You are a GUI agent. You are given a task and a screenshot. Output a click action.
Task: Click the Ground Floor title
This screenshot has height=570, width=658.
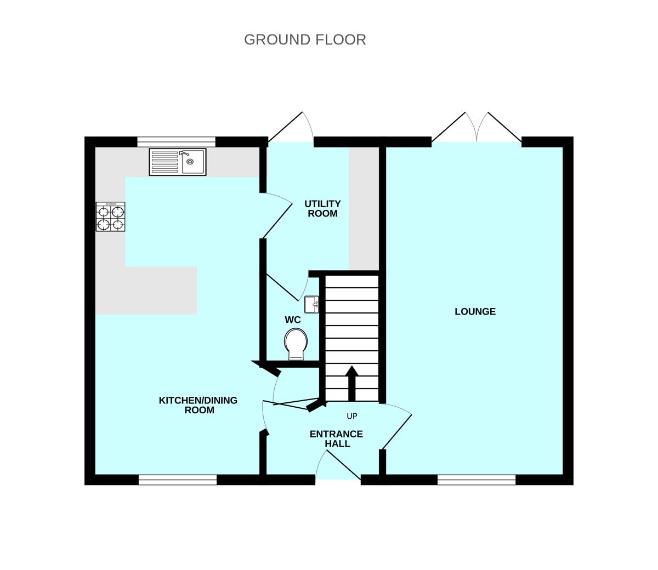[x=305, y=39]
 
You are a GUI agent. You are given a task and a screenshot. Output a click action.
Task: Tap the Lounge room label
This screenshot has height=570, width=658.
[x=475, y=311]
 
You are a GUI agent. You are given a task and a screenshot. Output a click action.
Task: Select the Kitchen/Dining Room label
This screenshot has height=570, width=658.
[x=198, y=405]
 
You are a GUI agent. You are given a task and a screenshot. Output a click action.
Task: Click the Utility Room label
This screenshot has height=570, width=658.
[x=322, y=209]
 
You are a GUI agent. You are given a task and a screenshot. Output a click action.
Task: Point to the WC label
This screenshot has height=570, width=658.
[x=292, y=320]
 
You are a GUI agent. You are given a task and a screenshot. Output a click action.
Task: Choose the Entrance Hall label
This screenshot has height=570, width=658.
[x=336, y=438]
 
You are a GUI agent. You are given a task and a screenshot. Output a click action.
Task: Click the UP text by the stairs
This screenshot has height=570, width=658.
[x=351, y=416]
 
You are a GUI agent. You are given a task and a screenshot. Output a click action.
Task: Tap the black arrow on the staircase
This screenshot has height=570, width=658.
[x=351, y=383]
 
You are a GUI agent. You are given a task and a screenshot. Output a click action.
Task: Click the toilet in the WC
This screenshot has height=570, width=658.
[x=296, y=344]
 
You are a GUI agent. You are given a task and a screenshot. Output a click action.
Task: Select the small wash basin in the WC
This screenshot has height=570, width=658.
[x=311, y=304]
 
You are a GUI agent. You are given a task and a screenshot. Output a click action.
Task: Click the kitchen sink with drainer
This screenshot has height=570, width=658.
[x=178, y=162]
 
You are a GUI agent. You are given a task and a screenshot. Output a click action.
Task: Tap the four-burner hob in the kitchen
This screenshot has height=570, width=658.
[x=111, y=216]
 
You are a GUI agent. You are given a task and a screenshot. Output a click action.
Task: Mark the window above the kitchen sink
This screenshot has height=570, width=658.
[x=176, y=142]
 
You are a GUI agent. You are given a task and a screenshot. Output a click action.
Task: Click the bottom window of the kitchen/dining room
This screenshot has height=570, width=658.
[x=178, y=480]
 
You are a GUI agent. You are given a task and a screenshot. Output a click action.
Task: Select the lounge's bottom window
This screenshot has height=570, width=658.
[x=477, y=480]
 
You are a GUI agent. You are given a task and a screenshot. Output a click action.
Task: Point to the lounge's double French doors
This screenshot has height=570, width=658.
[x=477, y=129]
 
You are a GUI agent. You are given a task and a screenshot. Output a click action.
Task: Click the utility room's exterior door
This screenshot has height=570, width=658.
[x=290, y=129]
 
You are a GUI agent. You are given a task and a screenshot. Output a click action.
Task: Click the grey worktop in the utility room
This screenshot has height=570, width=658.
[x=364, y=208]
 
